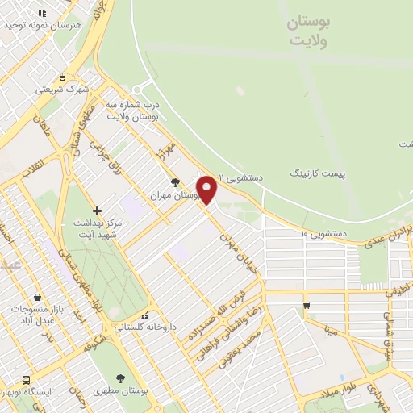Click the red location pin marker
207,190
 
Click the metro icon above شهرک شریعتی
62,77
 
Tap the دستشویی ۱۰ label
324,233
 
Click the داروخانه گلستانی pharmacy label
144,327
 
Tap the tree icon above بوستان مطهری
121,378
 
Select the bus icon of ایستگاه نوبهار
27,379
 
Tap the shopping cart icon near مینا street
306,305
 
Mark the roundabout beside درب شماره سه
138,89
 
